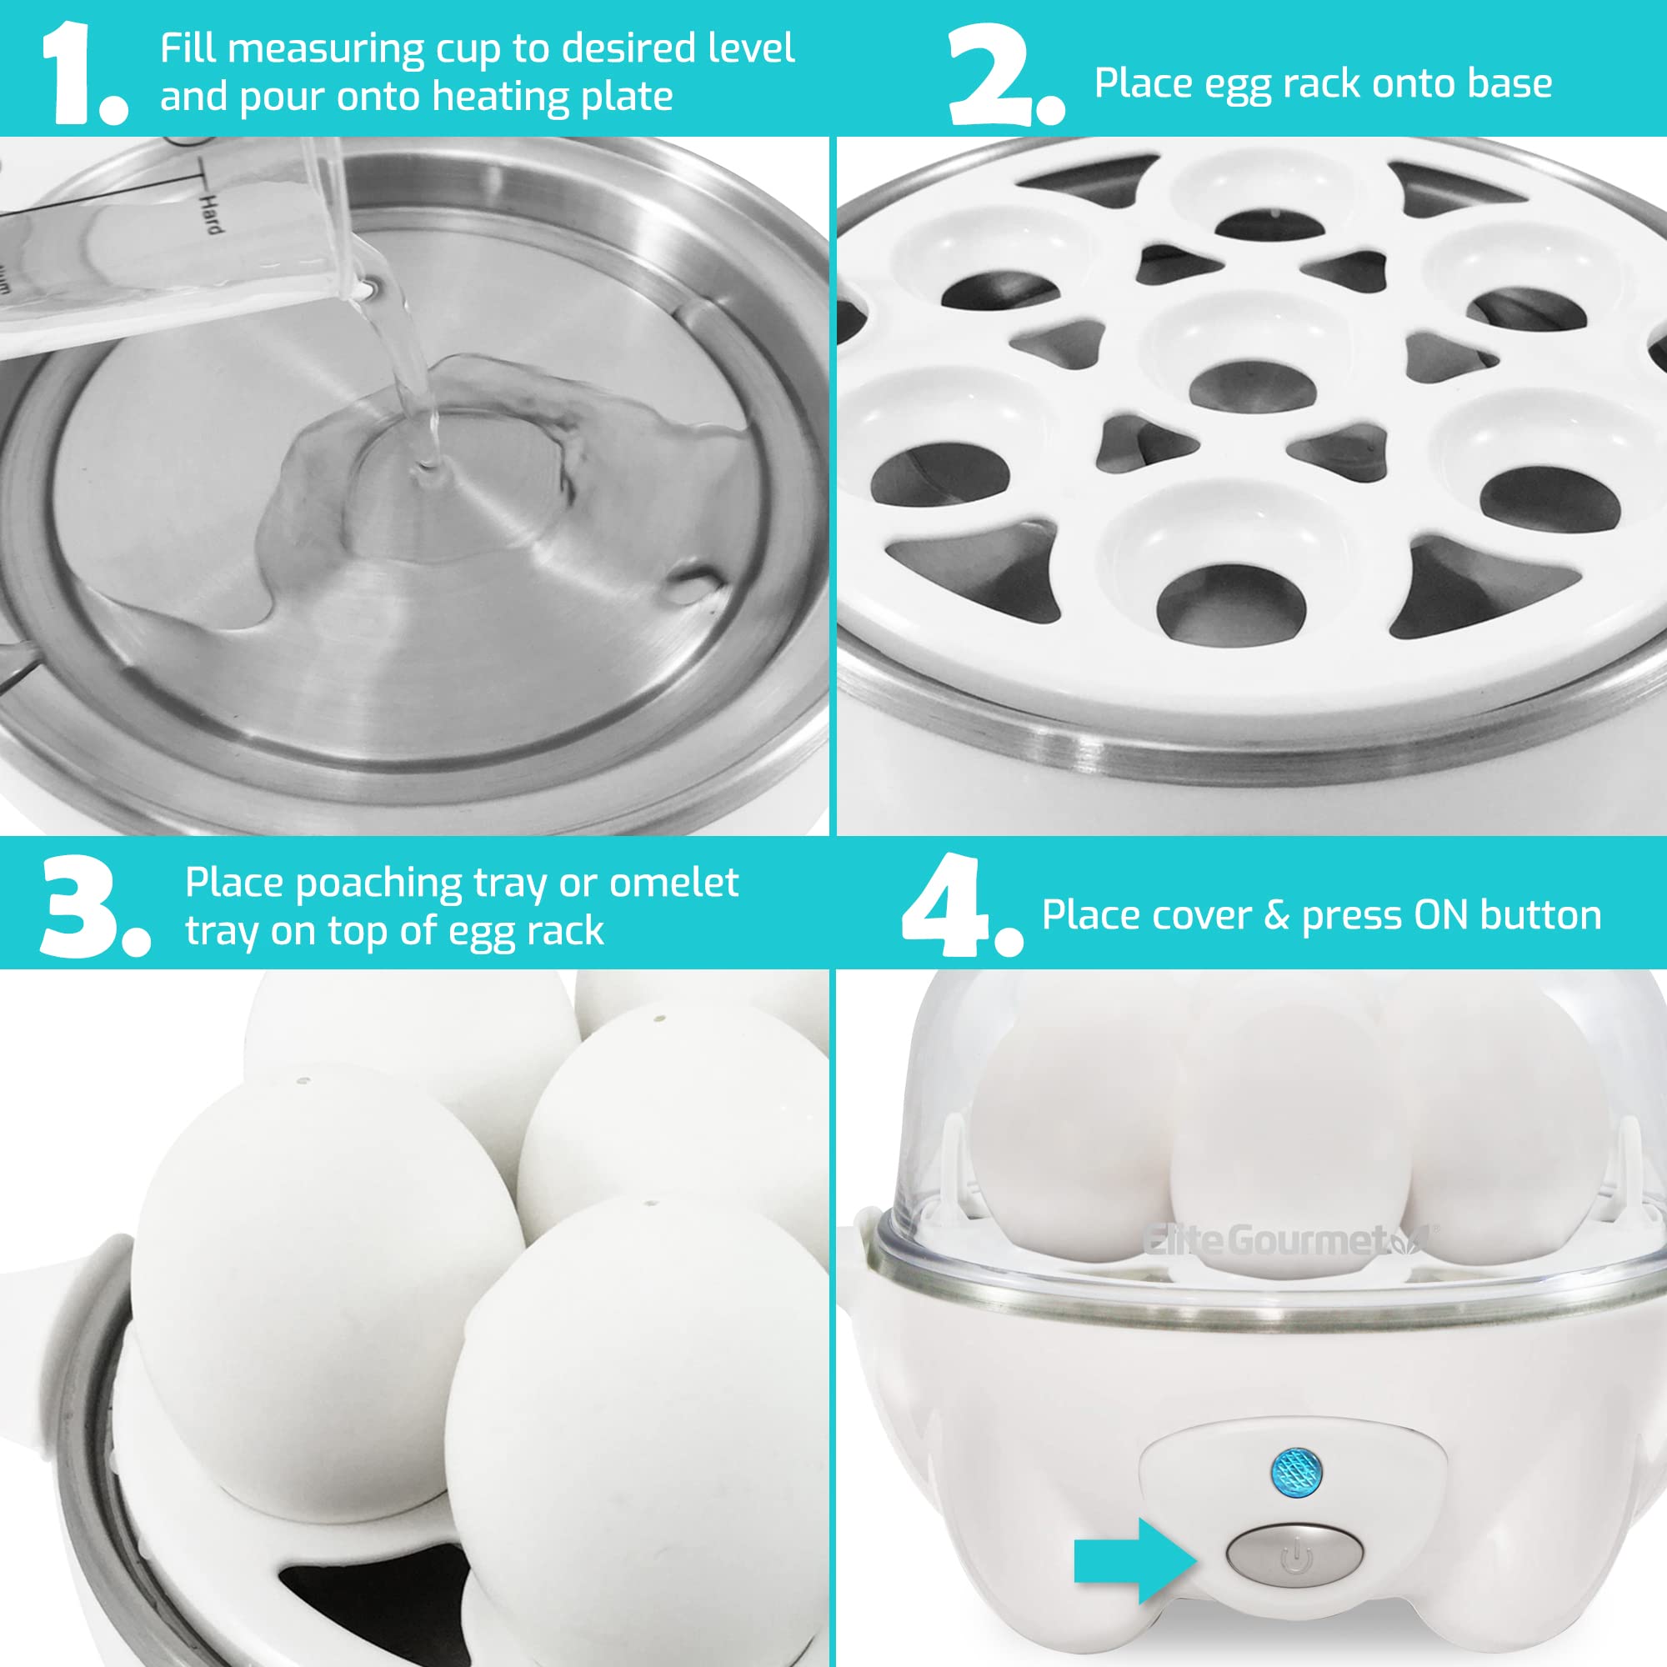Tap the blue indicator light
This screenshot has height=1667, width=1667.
click(1297, 1472)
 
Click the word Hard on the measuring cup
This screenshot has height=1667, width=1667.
click(211, 213)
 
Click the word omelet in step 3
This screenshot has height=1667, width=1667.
click(673, 883)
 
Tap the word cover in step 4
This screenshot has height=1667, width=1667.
click(1199, 915)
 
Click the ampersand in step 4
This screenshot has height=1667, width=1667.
click(1277, 915)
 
